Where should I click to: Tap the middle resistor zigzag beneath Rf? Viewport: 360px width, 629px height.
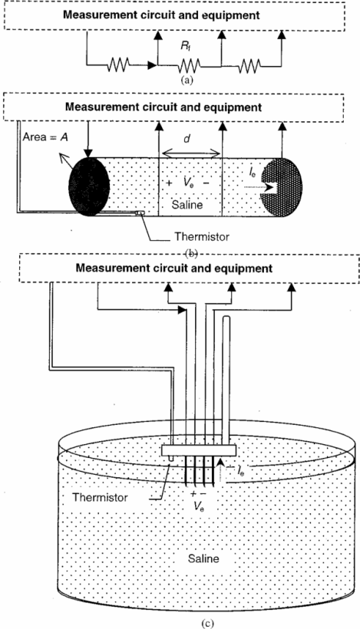[190, 64]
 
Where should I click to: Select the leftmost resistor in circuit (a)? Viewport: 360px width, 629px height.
[118, 64]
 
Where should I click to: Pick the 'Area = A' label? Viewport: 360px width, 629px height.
[45, 137]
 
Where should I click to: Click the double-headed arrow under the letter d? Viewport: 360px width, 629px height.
[190, 153]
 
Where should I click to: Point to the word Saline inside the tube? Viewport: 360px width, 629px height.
[187, 205]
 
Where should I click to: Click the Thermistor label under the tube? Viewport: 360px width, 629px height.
[201, 237]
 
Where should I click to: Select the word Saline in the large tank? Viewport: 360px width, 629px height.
[203, 558]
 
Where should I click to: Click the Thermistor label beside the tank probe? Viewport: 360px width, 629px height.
[100, 497]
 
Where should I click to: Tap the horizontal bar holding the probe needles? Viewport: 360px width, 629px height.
[198, 450]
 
